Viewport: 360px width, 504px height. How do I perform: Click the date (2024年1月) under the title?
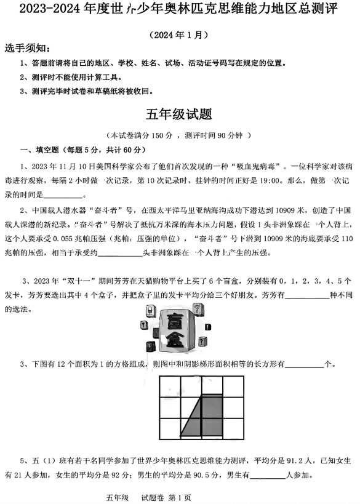point(179,35)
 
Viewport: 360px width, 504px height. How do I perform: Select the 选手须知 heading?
point(28,49)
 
